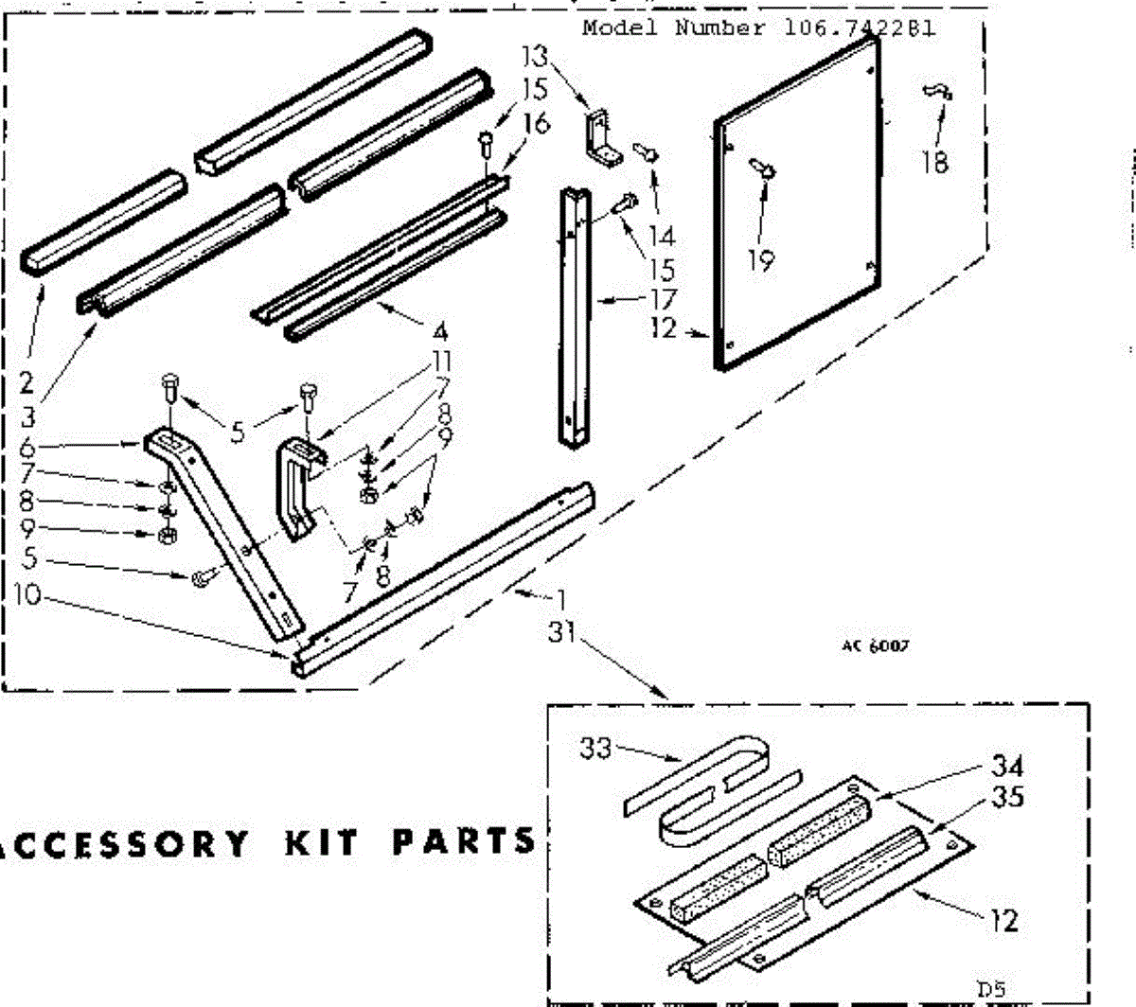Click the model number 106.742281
point(860,27)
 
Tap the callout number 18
point(934,162)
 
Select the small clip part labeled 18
point(937,91)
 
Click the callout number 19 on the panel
point(760,259)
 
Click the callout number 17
point(664,299)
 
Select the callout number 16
point(535,123)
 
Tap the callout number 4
point(439,332)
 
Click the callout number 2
point(27,383)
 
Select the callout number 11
point(440,361)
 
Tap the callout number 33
point(596,750)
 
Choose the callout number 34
point(1007,766)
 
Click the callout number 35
point(1007,797)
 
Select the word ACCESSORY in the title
point(123,843)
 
